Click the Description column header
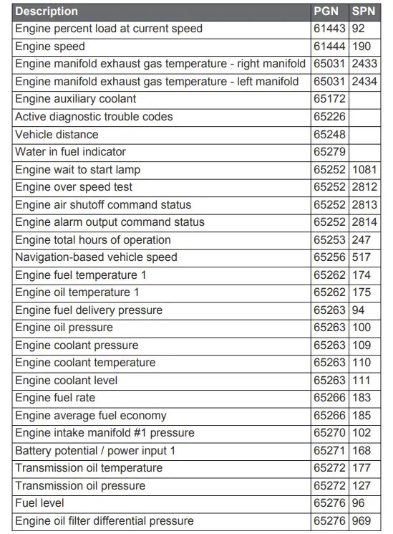pos(47,11)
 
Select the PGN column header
pos(326,11)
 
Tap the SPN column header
pos(364,11)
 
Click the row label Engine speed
pos(49,47)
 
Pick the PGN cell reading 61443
pos(329,29)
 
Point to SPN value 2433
pos(365,64)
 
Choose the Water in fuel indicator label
pos(70,152)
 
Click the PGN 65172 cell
pos(329,99)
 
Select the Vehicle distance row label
pos(57,134)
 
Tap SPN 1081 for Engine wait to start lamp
pos(365,169)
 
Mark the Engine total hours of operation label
pos(93,239)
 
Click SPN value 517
pos(362,257)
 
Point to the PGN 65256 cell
pos(329,257)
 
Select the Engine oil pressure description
pos(64,328)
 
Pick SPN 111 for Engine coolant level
pos(362,380)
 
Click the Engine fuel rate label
pos(55,398)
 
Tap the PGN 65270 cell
pos(329,433)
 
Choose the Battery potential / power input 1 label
pos(95,450)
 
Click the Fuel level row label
pos(40,503)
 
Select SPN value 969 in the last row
pos(362,520)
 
